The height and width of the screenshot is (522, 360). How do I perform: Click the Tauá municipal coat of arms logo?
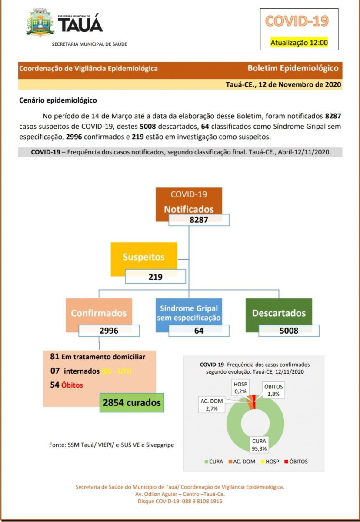[40, 23]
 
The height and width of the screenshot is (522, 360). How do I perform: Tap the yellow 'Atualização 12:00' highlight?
[299, 43]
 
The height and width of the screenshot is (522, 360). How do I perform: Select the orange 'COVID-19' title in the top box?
[297, 21]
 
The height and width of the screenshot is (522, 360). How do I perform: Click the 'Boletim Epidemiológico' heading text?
[293, 68]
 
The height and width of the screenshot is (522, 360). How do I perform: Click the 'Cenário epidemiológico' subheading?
[58, 100]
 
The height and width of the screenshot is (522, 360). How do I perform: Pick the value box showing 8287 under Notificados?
[199, 220]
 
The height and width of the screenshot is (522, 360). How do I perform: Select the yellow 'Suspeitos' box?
[143, 257]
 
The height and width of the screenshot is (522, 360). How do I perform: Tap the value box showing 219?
[155, 277]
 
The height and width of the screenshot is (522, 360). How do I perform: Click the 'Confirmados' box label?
[99, 313]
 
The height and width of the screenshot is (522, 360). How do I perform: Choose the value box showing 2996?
[109, 331]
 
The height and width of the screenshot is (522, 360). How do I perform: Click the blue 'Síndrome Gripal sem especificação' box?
[190, 313]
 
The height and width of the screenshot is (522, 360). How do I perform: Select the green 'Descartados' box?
[279, 313]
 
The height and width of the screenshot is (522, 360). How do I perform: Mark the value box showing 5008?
[289, 331]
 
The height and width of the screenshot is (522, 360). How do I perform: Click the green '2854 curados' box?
[132, 403]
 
